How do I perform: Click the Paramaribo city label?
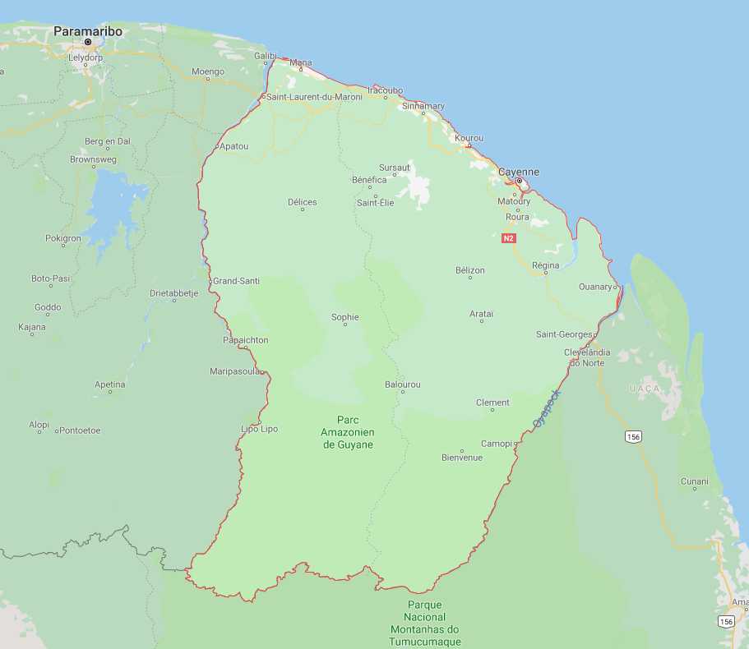pyautogui.click(x=88, y=31)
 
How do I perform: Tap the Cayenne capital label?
pyautogui.click(x=520, y=172)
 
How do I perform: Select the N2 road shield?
pyautogui.click(x=508, y=238)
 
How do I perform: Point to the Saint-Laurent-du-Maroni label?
pyautogui.click(x=314, y=97)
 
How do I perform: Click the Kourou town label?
pyautogui.click(x=469, y=137)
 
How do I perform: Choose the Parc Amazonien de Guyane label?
pyautogui.click(x=348, y=432)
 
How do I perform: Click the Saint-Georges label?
pyautogui.click(x=564, y=334)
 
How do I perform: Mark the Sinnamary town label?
pyautogui.click(x=423, y=106)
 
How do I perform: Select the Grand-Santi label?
pyautogui.click(x=237, y=281)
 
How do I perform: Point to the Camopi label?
pyautogui.click(x=496, y=444)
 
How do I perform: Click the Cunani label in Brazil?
pyautogui.click(x=695, y=481)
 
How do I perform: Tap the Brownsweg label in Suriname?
pyautogui.click(x=93, y=159)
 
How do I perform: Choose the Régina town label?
pyautogui.click(x=545, y=265)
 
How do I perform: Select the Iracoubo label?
pyautogui.click(x=385, y=90)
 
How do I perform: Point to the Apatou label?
pyautogui.click(x=234, y=146)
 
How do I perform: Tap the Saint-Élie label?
pyautogui.click(x=375, y=202)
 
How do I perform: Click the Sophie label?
pyautogui.click(x=345, y=317)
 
